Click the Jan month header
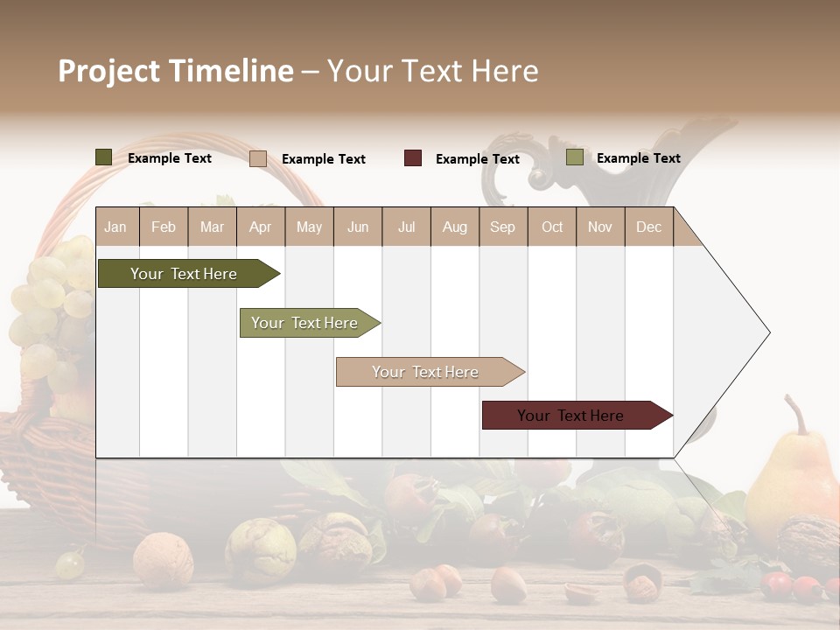pos(115,227)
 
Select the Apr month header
pos(261,227)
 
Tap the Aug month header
pos(454,227)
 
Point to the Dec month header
pos(648,227)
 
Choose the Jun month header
pos(358,227)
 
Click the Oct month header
pos(552,227)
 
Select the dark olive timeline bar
pos(184,274)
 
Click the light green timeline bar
pos(304,323)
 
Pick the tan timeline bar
pos(425,372)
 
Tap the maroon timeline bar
pos(570,416)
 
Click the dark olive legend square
pos(103,157)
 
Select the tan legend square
pos(257,158)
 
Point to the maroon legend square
pos(412,158)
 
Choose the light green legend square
pos(574,157)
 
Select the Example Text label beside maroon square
pos(477,159)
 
